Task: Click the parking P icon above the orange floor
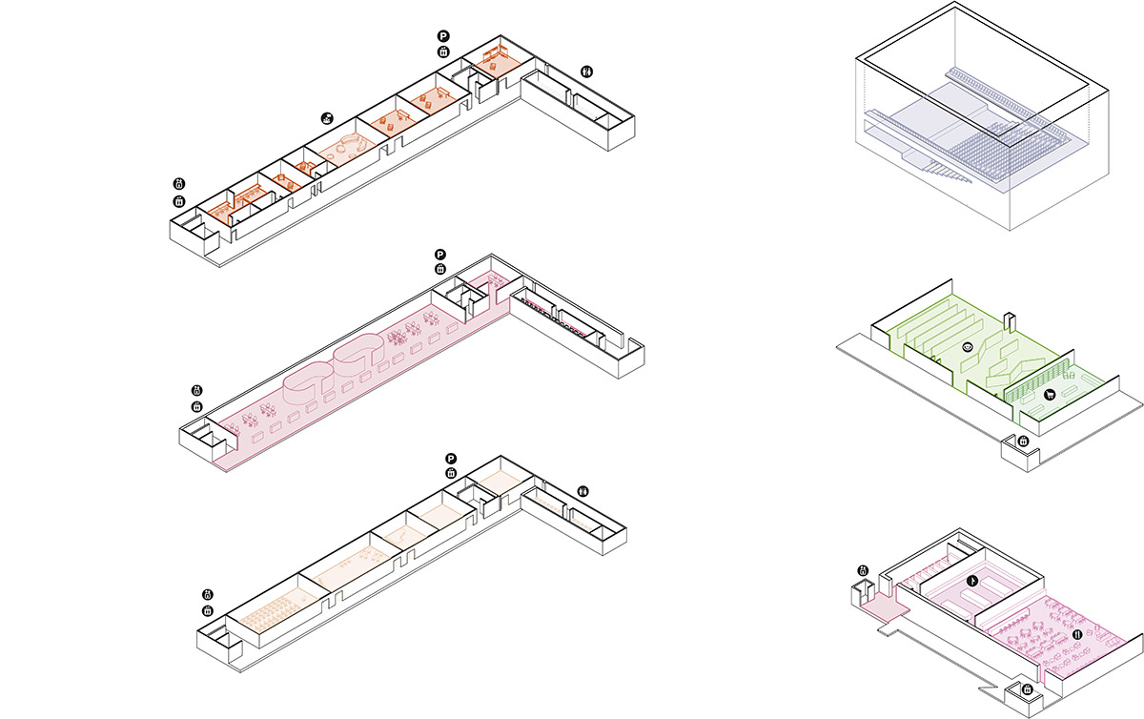tap(443, 36)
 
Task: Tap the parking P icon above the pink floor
tap(440, 255)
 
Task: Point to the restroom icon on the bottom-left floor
tap(583, 491)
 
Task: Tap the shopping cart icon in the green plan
tap(1048, 393)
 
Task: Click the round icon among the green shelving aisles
tap(968, 348)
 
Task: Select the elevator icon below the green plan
tap(1023, 442)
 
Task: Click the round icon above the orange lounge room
tap(328, 117)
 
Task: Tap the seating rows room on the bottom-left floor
tap(277, 609)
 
